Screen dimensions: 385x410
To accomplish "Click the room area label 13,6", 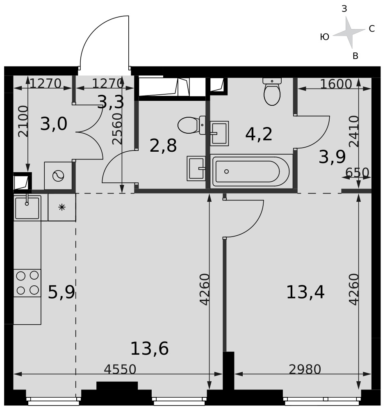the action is [x=149, y=348].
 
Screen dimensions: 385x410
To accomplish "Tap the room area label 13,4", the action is [x=305, y=292].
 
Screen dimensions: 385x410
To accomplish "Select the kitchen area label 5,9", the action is [x=62, y=292].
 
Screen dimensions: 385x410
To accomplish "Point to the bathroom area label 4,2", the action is [x=259, y=134].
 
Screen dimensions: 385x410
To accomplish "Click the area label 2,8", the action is [x=163, y=146].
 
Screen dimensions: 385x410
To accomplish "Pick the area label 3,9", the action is [x=332, y=157].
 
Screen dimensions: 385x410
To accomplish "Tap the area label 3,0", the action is [x=54, y=124].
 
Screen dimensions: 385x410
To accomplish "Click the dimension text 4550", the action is [x=120, y=369].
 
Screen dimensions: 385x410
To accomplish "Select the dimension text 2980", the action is [x=305, y=369].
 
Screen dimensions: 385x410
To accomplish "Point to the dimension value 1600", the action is [x=336, y=84].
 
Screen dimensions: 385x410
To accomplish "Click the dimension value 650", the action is [x=357, y=173].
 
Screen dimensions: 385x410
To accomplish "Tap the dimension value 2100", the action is [x=23, y=121].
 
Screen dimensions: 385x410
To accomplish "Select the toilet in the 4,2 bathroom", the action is [x=272, y=91].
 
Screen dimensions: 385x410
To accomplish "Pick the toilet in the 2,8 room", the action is [x=192, y=125].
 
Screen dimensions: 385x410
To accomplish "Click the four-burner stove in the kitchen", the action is [x=27, y=283].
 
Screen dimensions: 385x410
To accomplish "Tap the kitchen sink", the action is [x=27, y=208].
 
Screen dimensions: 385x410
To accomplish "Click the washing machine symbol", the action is [x=58, y=176].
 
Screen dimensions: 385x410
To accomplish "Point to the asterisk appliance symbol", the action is [x=62, y=207].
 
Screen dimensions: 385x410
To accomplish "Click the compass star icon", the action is [x=349, y=32].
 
